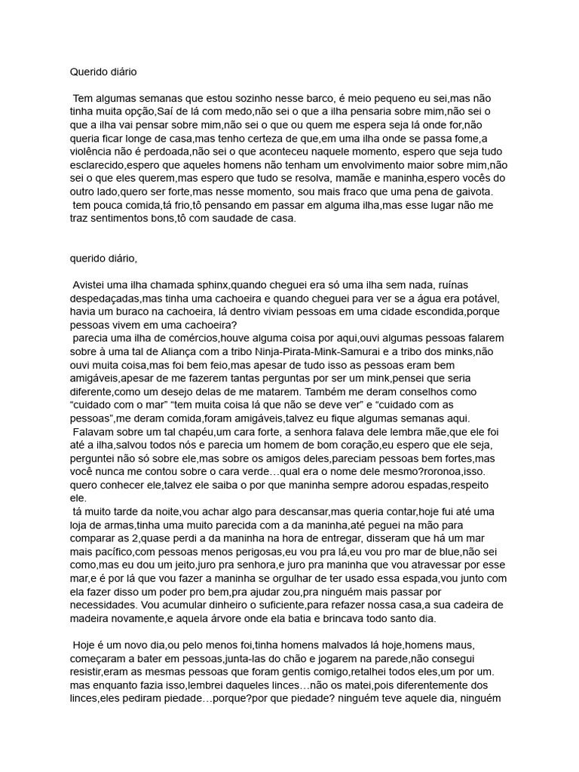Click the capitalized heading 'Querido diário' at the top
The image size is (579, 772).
(x=103, y=73)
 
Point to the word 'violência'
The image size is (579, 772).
(x=93, y=152)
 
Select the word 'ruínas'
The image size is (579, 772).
(x=469, y=284)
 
